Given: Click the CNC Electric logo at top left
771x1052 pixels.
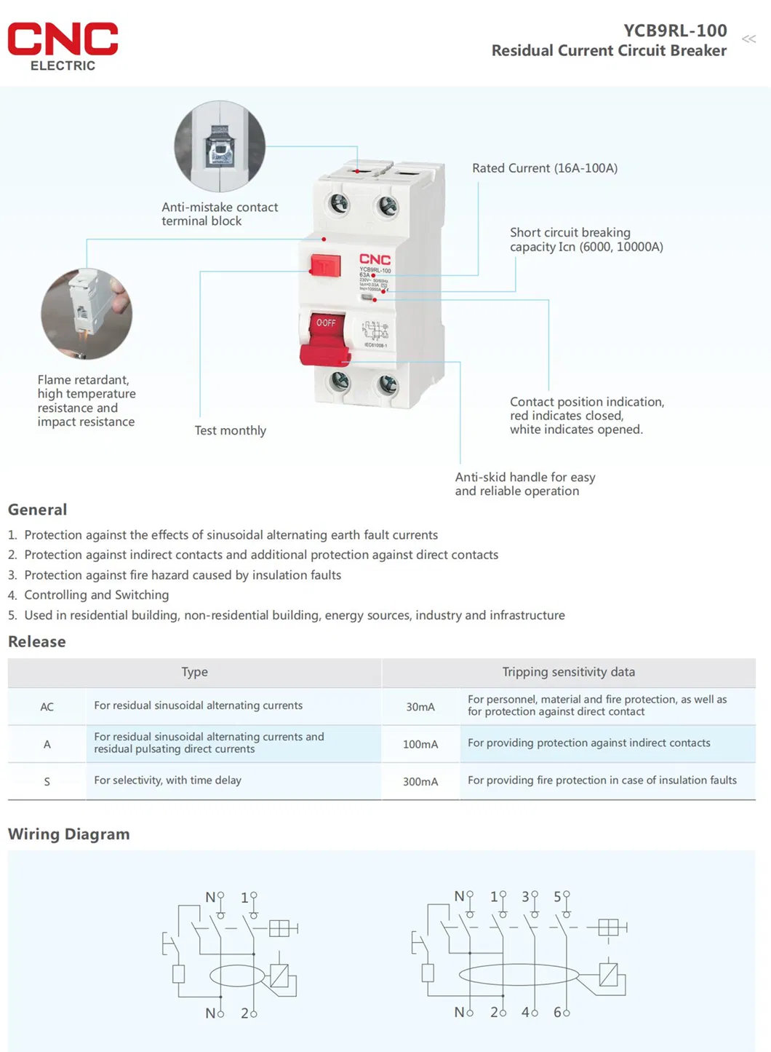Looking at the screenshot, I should pos(63,46).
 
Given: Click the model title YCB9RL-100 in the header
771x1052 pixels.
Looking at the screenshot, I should pos(674,31).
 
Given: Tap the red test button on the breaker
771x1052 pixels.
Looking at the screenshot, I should pos(325,266).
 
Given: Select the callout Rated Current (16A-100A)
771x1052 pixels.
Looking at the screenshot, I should pos(544,168).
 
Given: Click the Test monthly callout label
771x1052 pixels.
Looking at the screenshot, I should pos(230,430).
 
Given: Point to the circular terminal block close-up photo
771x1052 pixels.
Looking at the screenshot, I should pos(220,146).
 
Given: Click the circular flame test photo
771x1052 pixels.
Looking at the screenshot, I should pos(87,314).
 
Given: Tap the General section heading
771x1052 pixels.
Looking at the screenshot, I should pos(37,510).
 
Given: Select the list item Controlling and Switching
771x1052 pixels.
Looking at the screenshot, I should pos(96,595).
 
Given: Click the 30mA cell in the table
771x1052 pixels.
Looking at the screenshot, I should pos(420,707).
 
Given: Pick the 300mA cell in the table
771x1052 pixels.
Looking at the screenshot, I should pos(420,781).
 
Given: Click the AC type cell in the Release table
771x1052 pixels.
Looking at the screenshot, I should pos(47,707).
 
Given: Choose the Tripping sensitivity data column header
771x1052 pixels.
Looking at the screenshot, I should pos(568,672).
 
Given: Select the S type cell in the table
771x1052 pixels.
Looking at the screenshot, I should pos(47,781).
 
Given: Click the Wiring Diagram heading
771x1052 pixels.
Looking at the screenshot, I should pos(68,834).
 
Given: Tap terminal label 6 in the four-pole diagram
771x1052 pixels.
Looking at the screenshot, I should pos(557,1012).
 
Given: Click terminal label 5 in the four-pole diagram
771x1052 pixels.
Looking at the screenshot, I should pos(557,897).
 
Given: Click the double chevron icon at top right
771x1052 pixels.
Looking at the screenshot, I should pos(748,39).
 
